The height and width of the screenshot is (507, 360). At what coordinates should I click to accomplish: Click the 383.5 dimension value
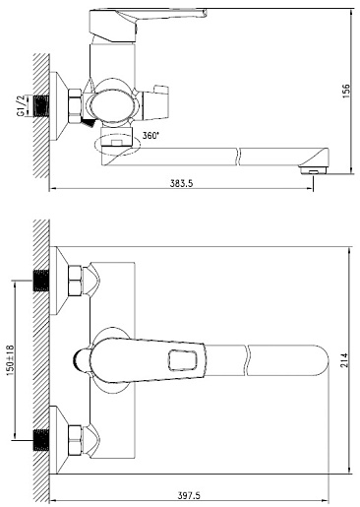pyautogui.click(x=181, y=183)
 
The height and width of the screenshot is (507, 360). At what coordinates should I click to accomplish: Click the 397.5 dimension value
pyautogui.click(x=189, y=495)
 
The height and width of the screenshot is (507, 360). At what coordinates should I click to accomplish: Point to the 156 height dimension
pyautogui.click(x=346, y=91)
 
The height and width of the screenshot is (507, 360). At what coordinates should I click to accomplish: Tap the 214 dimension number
pyautogui.click(x=344, y=360)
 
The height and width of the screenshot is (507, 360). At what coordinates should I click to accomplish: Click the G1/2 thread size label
pyautogui.click(x=21, y=105)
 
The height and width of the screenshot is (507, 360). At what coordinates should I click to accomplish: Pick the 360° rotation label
pyautogui.click(x=150, y=136)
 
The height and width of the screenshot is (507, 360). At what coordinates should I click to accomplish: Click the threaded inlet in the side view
pyautogui.click(x=41, y=105)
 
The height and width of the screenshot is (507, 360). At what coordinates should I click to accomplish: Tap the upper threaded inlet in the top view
pyautogui.click(x=41, y=281)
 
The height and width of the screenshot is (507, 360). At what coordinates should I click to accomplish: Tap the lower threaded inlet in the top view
pyautogui.click(x=41, y=439)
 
